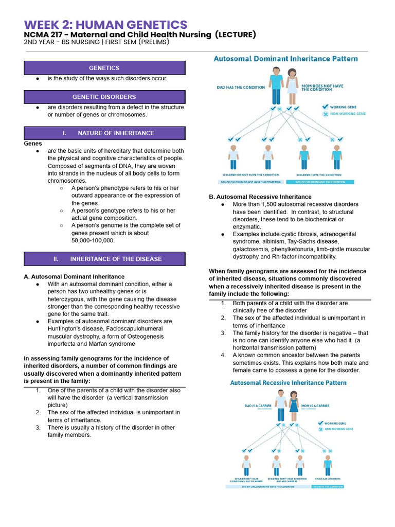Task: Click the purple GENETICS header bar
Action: [x=104, y=68]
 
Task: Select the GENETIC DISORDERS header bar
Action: [x=104, y=97]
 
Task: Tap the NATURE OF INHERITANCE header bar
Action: [x=104, y=133]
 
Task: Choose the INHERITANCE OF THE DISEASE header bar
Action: [x=104, y=259]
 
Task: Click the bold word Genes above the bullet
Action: [x=33, y=144]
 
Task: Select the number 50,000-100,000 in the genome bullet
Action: [x=93, y=240]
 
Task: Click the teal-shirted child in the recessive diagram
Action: [x=328, y=466]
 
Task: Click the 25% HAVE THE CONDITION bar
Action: [x=327, y=486]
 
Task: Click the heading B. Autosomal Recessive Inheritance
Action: [x=260, y=197]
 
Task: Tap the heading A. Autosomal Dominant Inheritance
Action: [x=74, y=276]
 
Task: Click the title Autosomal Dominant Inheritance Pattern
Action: [x=285, y=59]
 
